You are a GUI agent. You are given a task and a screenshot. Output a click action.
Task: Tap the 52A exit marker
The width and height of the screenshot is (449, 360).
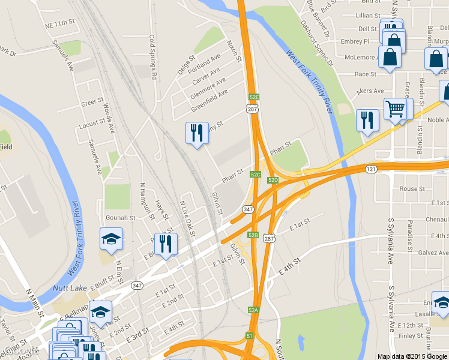coord(253,310)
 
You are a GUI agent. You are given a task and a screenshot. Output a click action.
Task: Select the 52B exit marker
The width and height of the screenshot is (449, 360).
coord(253,235)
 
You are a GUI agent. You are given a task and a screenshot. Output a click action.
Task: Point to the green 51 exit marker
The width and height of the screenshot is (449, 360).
coord(249,336)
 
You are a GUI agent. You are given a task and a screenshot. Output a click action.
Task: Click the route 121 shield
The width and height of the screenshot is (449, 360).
coord(370,170)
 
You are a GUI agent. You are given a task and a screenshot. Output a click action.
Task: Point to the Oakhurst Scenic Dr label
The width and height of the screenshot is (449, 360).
coord(315,37)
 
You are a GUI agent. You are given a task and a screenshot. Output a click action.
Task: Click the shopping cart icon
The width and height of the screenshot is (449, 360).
coord(395,109)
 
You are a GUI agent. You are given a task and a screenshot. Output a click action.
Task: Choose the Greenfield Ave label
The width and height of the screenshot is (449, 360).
coord(209,100)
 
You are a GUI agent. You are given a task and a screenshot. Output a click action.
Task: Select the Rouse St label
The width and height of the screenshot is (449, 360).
coord(412,189)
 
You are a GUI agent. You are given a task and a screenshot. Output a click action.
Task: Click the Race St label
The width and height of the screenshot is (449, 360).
coord(365,74)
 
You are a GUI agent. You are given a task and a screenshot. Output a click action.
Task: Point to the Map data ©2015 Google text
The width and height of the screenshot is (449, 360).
coord(412,356)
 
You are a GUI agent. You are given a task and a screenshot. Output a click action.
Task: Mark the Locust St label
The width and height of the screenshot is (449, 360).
coord(92,124)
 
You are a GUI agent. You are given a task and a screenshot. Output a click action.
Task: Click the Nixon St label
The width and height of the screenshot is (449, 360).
coord(233,52)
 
